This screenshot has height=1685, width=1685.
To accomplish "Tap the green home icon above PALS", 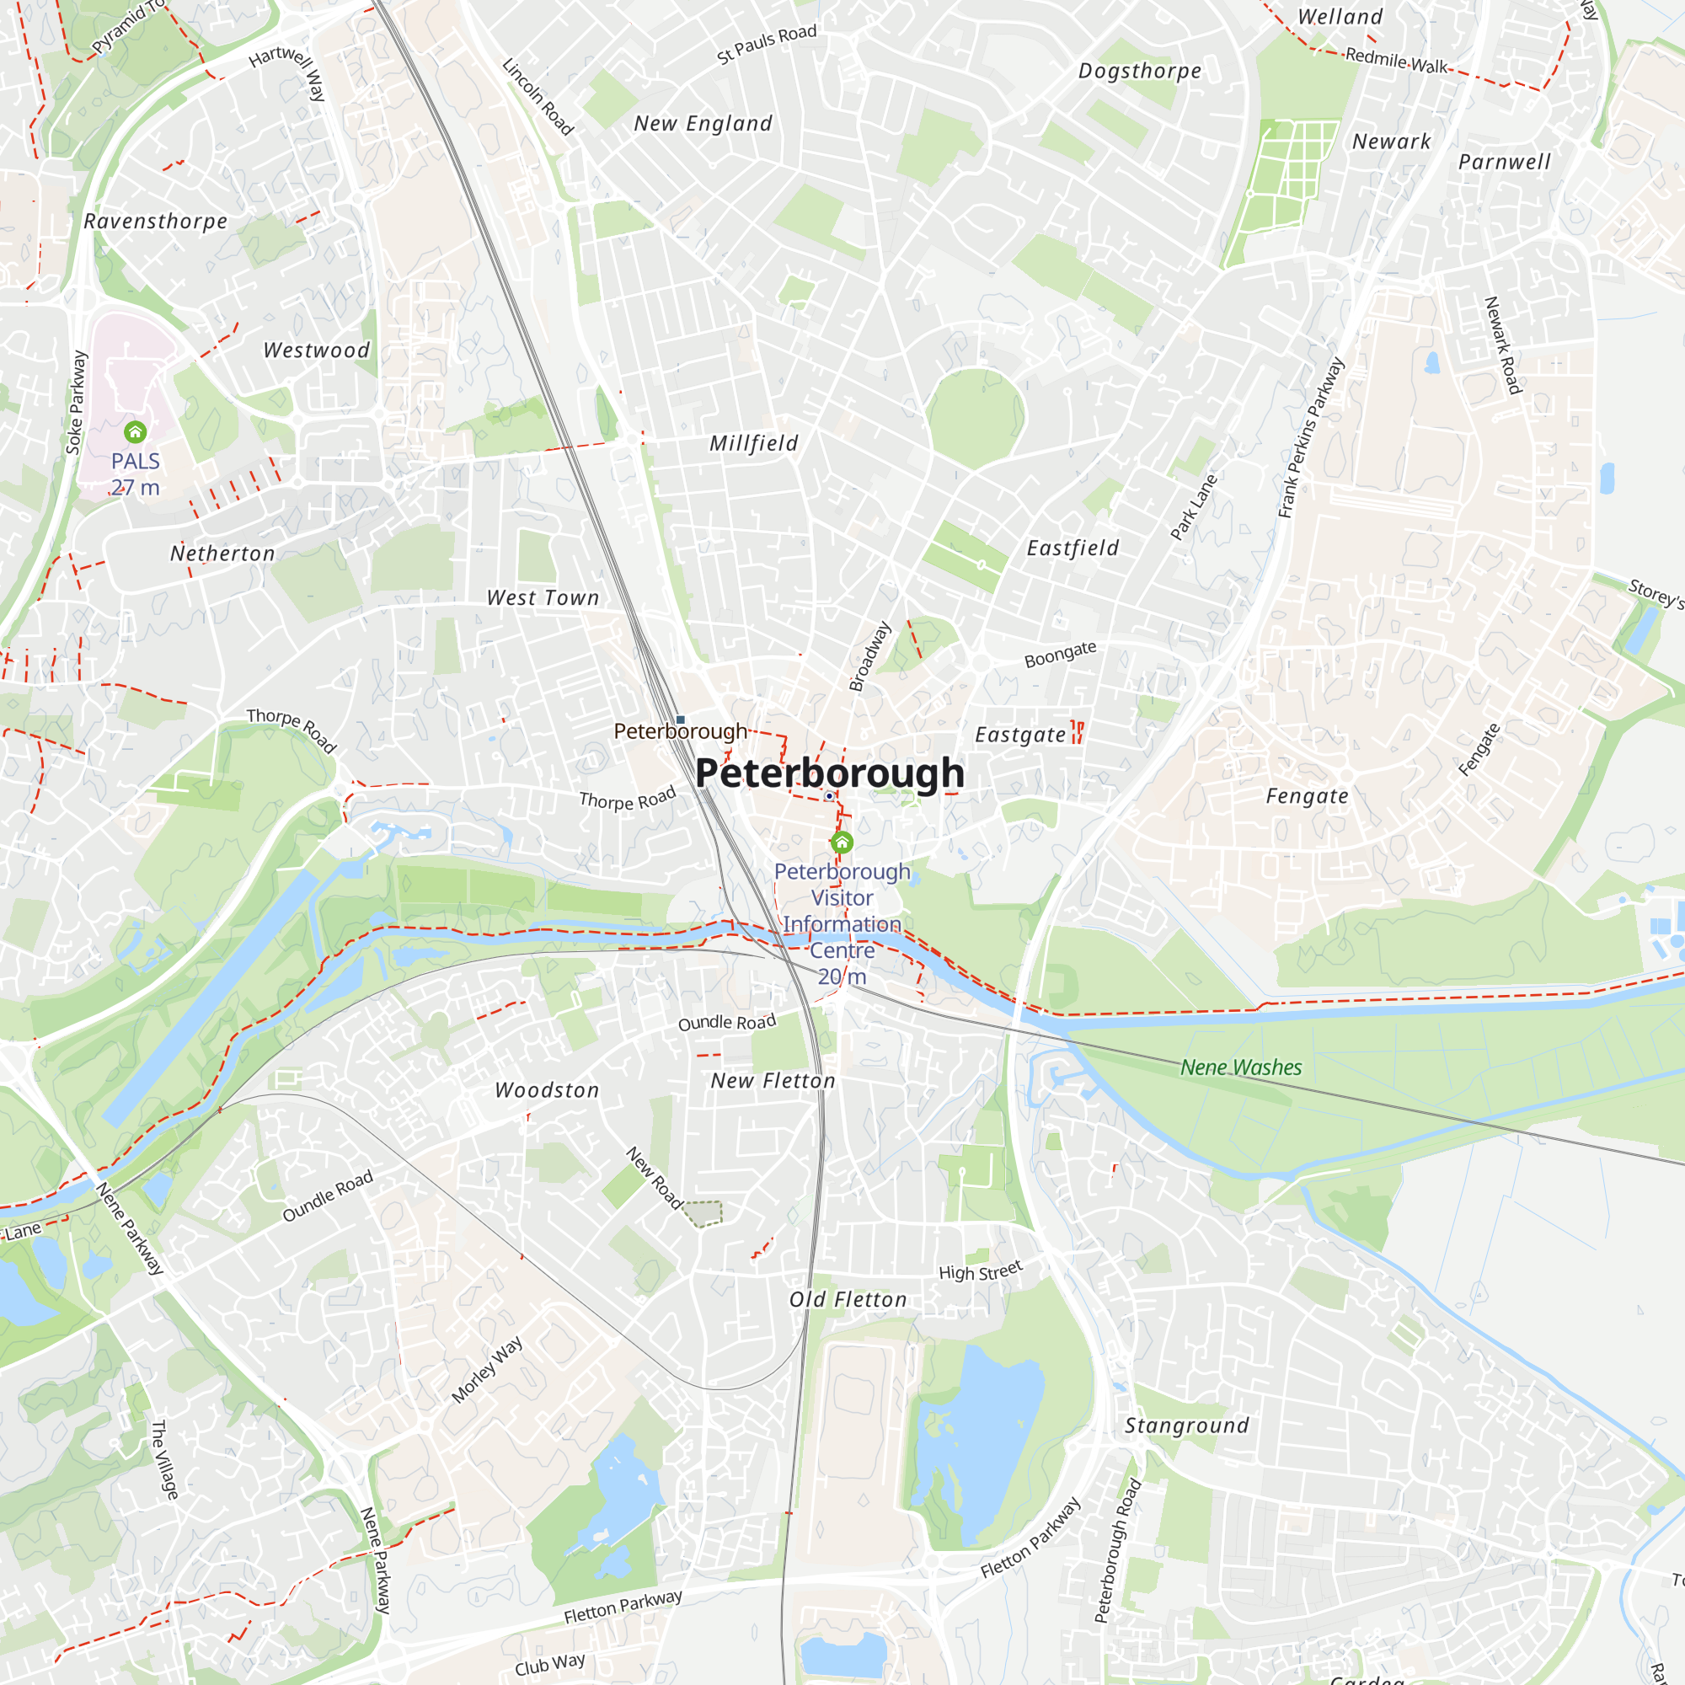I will click(135, 431).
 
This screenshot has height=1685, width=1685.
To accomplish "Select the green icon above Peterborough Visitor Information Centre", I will click(842, 842).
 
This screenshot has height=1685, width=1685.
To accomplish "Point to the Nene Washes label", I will click(1240, 1067).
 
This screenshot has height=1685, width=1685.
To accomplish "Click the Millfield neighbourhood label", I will click(753, 444).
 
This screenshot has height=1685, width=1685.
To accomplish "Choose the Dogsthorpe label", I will click(1140, 72).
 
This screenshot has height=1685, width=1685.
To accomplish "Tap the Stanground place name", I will click(1186, 1426).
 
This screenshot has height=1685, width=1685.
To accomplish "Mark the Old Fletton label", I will click(848, 1300).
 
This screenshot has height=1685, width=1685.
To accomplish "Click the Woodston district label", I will click(547, 1091).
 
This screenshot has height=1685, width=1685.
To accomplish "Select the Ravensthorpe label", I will click(155, 222).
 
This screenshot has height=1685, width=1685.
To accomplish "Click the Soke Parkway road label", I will click(77, 402).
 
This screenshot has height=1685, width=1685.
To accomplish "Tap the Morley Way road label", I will click(487, 1370).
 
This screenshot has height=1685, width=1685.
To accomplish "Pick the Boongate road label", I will click(1060, 654).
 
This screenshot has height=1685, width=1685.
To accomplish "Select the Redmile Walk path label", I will click(1395, 61).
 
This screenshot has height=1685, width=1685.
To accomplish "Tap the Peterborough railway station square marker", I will click(680, 719).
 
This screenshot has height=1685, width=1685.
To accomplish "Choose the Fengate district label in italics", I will click(1307, 796).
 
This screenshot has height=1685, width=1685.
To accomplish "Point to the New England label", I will click(703, 124).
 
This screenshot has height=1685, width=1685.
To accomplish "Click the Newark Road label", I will click(1502, 345).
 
